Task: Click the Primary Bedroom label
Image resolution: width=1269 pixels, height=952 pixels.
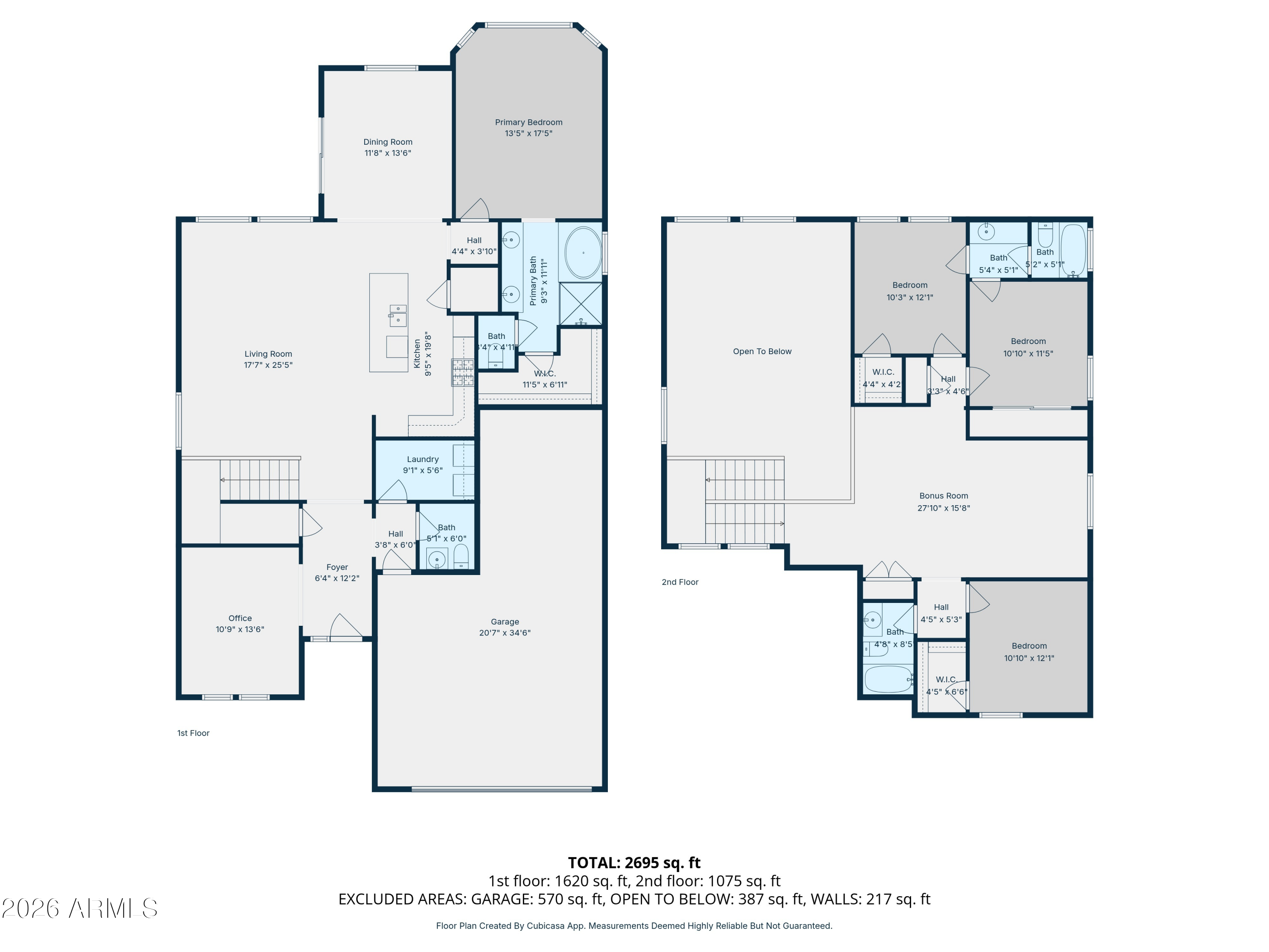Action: click(528, 122)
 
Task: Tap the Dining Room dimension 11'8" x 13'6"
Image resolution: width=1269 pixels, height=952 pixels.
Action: click(388, 153)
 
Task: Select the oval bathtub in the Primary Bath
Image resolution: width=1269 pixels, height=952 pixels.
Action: click(583, 253)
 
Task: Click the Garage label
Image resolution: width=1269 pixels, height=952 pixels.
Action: click(505, 622)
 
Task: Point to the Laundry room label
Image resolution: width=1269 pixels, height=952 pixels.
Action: click(423, 459)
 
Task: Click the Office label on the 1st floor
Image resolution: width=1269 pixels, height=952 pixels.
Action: click(240, 619)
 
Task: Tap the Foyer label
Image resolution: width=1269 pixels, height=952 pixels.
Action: click(337, 567)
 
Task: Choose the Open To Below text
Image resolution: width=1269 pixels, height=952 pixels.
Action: click(762, 352)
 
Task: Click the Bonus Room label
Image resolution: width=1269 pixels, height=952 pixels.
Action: click(943, 496)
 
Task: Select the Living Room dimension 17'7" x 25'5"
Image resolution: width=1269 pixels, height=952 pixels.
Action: click(268, 366)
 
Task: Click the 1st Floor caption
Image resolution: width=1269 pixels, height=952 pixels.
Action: click(193, 733)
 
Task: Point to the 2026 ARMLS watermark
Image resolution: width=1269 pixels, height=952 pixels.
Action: click(80, 908)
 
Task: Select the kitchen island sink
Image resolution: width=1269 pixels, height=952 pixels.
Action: click(398, 315)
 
